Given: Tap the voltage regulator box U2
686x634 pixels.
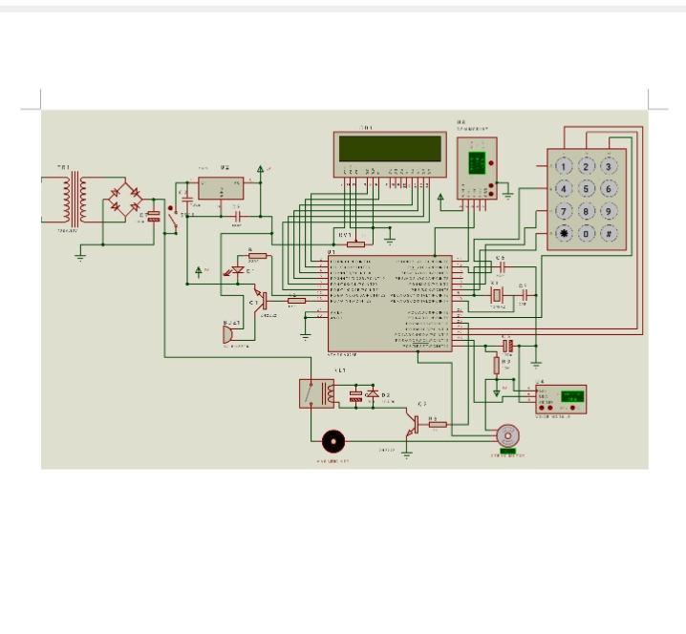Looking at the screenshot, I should [220, 188].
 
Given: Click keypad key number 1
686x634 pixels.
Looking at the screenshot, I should [565, 166].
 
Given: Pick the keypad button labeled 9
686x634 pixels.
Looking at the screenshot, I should [609, 211].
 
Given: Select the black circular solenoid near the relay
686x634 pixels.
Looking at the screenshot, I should [333, 441].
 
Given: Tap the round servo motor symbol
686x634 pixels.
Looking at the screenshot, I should [506, 435].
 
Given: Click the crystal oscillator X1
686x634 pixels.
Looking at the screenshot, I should [495, 298].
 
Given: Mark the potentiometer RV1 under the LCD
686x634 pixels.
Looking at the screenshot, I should [355, 243].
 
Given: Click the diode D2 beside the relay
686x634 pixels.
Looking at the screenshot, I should [375, 394].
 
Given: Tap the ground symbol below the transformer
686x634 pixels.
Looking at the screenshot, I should [81, 254].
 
